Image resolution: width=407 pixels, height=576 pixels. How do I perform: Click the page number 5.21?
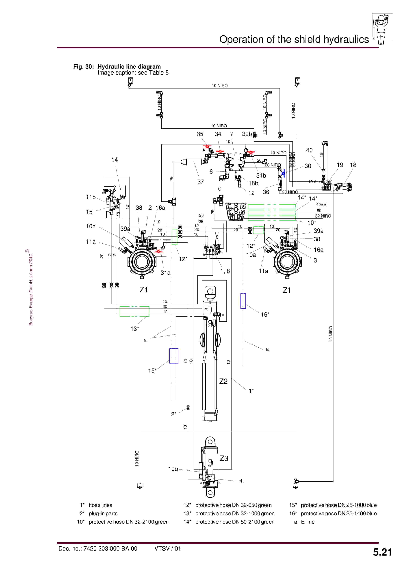tap(382, 552)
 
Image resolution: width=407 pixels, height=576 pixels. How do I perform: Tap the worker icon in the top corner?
tap(381, 29)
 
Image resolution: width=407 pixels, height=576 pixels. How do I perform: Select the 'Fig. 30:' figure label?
tap(83, 67)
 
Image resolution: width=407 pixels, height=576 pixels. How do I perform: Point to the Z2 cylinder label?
tap(223, 382)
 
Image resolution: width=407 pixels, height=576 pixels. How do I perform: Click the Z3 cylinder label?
tap(224, 458)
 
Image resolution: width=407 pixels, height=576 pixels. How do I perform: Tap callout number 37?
tap(200, 182)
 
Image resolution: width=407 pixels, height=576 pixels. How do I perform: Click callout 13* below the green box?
tap(134, 329)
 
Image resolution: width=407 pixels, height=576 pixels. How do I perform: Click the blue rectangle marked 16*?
tap(243, 301)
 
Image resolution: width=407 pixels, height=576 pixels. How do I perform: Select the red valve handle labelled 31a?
tap(159, 251)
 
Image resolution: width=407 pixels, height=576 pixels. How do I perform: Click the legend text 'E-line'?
tap(308, 522)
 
